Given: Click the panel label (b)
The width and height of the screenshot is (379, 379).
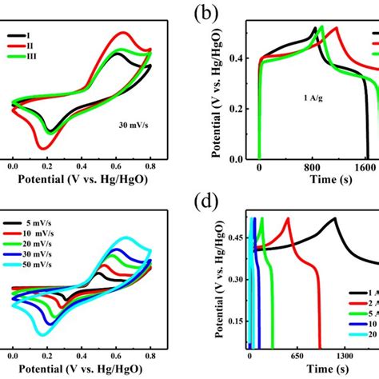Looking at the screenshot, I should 217,13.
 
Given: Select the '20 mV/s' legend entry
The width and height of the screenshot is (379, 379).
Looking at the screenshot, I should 54,249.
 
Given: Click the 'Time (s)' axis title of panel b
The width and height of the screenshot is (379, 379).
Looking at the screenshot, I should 313,182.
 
